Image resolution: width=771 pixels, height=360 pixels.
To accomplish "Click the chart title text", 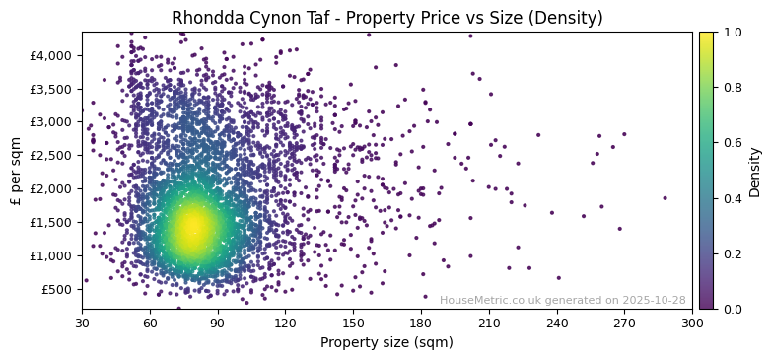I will coord(386,18).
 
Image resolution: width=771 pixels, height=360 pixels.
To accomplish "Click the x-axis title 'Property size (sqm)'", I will coord(386,343).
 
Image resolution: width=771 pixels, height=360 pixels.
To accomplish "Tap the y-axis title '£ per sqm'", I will coord(16,171).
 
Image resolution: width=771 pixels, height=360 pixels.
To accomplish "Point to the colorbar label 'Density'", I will coord(755,171).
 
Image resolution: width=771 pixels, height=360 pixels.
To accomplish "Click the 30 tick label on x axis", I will coord(82,323).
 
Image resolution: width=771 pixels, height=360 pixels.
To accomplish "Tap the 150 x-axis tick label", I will coord(353,323).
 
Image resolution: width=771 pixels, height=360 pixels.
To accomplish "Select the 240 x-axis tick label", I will coord(557,323).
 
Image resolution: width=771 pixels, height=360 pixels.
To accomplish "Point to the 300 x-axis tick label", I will coord(692,323).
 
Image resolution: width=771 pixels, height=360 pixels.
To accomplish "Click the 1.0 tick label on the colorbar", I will coord(732,33).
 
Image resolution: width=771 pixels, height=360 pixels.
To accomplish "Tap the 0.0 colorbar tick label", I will coord(732,309).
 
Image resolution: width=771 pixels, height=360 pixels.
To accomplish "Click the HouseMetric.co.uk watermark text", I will coord(562,300).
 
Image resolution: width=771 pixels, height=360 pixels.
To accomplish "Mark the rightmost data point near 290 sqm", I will coord(665,198).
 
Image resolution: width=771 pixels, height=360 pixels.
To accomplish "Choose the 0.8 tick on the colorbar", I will coord(732,88).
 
